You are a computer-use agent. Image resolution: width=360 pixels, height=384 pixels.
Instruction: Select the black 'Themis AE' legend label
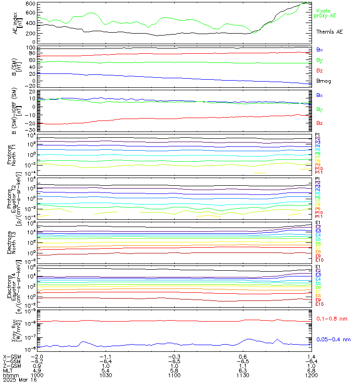coord(330,31)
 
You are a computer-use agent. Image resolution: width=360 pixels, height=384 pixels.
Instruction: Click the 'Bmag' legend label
coord(324,81)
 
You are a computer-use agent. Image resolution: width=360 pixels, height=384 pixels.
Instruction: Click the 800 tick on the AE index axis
coord(30,4)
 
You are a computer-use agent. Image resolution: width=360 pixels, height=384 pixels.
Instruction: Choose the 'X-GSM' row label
coord(11,357)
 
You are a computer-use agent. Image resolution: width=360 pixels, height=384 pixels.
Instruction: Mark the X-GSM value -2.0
coord(37,357)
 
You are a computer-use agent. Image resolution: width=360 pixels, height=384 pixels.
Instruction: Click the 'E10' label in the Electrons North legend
coord(319,260)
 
